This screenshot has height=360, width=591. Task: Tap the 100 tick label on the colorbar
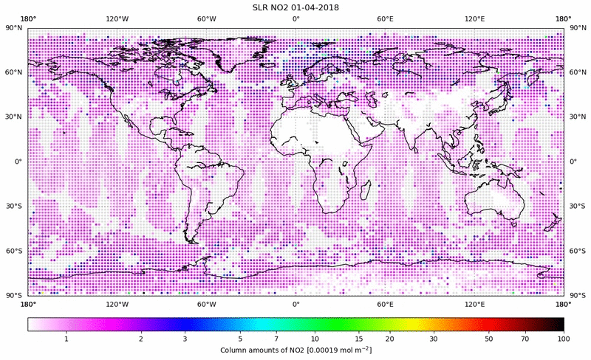[564, 339]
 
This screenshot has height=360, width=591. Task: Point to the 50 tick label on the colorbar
[489, 339]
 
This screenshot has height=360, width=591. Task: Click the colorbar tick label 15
[359, 339]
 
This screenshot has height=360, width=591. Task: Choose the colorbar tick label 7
[275, 339]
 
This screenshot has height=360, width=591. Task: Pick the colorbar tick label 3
[185, 339]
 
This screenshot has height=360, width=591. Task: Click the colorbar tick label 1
[66, 339]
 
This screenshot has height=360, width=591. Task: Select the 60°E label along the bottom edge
[385, 304]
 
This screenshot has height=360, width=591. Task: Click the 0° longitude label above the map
[295, 18]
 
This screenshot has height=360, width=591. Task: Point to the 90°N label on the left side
[15, 28]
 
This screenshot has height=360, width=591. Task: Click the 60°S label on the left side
[15, 251]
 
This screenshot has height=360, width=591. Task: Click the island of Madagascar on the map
[365, 190]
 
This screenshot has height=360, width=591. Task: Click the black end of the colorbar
[558, 325]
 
